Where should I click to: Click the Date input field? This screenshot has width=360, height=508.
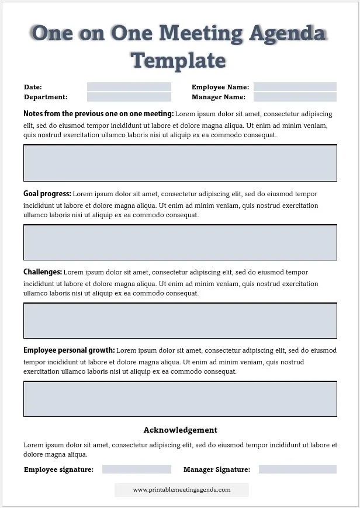129,87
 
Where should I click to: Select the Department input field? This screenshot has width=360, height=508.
129,97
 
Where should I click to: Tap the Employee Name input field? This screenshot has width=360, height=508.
295,87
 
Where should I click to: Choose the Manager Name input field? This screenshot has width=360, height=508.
295,97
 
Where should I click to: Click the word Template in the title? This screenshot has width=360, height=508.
178,60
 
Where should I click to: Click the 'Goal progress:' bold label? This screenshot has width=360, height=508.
47,194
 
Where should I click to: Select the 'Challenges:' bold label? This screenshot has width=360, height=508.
43,272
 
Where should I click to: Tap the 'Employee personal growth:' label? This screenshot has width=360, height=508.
69,350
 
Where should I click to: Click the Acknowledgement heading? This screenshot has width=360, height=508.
180,430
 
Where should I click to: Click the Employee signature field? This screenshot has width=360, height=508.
136,469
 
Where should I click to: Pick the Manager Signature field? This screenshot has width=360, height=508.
297,469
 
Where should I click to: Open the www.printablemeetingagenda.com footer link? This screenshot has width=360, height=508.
181,490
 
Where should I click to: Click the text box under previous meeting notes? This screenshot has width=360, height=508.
180,163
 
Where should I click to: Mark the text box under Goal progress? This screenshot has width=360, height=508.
180,242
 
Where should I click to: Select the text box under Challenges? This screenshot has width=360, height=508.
180,321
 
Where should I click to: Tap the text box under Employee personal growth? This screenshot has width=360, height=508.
180,399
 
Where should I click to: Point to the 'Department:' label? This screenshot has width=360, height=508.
46,98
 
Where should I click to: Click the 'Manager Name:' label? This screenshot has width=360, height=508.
218,98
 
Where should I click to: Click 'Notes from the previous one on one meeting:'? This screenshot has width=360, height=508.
98,114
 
